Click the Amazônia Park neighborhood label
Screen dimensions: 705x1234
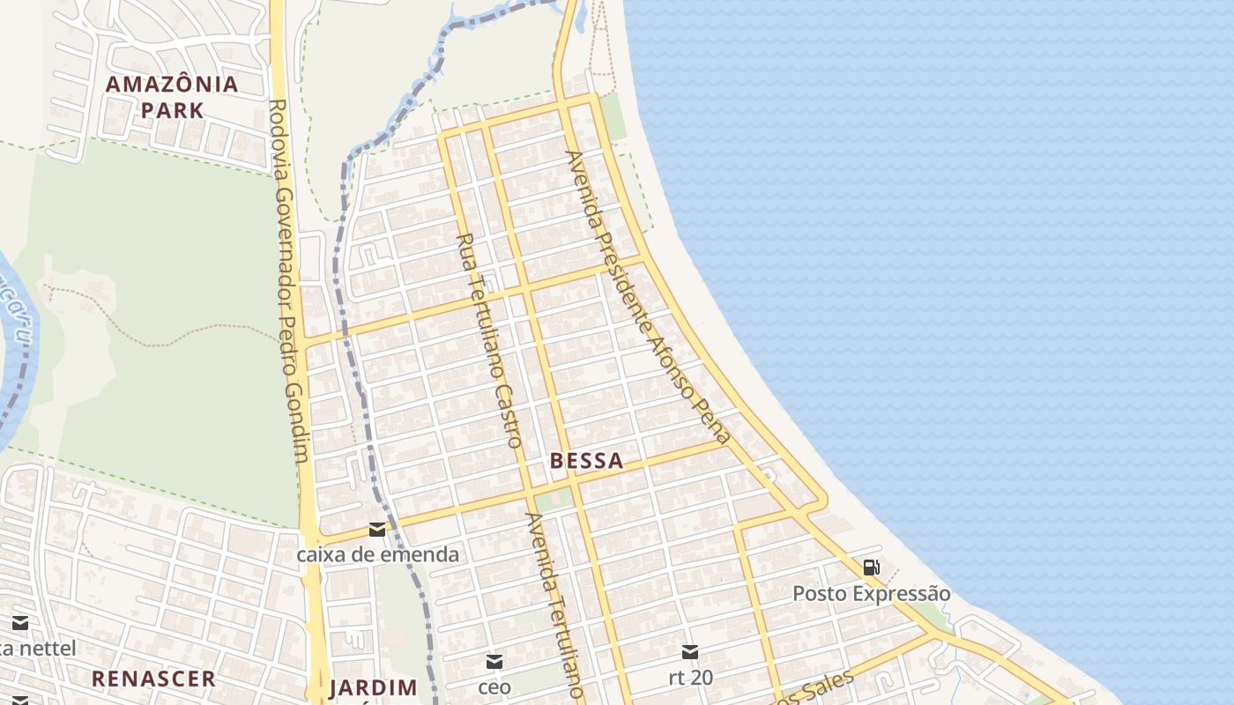172,97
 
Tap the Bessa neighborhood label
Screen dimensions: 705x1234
586,460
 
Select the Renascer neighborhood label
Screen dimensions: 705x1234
154,679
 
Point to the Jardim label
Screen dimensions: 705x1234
373,688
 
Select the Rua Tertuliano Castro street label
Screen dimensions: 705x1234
490,339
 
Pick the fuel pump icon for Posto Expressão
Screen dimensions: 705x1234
871,568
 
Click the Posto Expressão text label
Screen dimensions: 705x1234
871,593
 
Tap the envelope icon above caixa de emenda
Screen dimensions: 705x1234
377,530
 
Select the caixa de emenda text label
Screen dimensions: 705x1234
377,554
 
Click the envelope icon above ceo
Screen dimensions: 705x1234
494,661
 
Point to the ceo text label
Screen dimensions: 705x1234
494,686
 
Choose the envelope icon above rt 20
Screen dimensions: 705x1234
690,652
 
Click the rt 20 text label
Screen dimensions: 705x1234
690,678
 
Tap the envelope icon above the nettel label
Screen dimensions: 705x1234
19,624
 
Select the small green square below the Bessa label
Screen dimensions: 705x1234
554,500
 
